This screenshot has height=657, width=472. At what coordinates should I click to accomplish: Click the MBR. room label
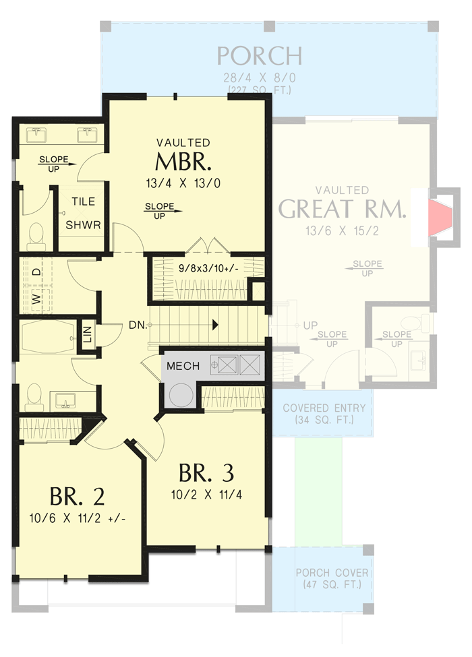[x=183, y=163]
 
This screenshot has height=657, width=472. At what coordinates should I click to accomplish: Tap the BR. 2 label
[x=77, y=497]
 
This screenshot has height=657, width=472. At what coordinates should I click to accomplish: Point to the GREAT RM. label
[x=343, y=210]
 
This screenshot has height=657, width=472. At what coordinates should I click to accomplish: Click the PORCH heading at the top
[x=259, y=55]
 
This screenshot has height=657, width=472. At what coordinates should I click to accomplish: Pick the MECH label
[x=183, y=367]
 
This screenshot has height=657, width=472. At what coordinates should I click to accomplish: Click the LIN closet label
[x=87, y=334]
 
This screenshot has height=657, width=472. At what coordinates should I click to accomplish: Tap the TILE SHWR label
[x=83, y=214]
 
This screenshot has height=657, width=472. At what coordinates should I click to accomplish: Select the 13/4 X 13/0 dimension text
[x=183, y=183]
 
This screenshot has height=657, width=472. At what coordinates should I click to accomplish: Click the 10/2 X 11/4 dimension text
[x=207, y=494]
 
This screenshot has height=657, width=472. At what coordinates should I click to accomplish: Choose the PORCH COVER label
[x=332, y=578]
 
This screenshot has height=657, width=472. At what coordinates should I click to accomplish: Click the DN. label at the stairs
[x=137, y=324]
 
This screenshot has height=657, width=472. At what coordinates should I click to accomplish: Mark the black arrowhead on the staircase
[x=215, y=324]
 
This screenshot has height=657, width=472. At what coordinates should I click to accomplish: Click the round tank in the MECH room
[x=181, y=394]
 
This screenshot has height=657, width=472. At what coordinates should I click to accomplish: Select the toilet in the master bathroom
[x=36, y=234]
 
